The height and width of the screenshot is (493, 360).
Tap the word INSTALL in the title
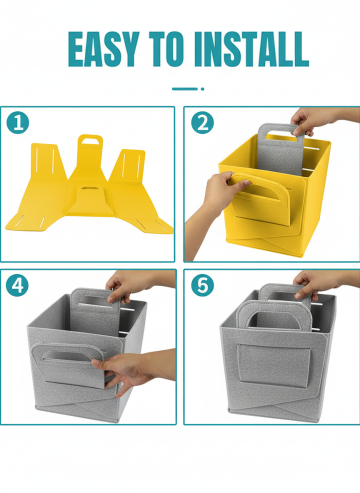tap(252, 49)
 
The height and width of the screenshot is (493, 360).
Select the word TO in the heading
tap(166, 49)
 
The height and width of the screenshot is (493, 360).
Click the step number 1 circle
tap(18, 122)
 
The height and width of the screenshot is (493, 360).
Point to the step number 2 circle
tap(202, 122)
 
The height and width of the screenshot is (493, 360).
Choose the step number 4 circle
tap(17, 285)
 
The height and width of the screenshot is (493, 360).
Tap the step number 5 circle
tap(202, 285)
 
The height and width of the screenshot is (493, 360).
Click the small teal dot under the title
tap(202, 89)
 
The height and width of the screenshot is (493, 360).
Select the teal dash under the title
tap(185, 89)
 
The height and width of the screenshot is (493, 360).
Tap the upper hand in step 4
tap(133, 285)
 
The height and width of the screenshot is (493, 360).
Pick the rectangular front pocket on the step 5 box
tap(274, 366)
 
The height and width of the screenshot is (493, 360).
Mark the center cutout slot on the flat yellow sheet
tap(87, 189)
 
